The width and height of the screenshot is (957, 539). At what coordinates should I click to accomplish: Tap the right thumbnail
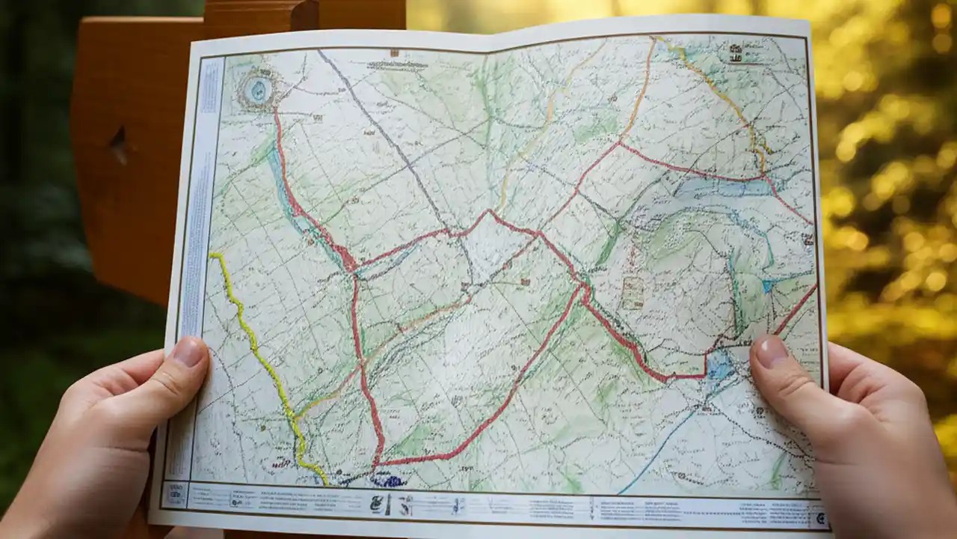point(771,350)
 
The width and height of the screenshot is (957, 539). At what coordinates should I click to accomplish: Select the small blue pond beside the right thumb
point(719,365)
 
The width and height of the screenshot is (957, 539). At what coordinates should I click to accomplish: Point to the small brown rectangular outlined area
point(633,293)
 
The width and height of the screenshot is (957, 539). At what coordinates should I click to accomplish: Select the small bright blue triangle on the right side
point(769,285)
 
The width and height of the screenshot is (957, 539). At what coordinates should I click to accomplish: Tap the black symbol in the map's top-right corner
point(737,52)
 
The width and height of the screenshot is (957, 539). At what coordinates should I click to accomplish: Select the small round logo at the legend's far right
point(820,517)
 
